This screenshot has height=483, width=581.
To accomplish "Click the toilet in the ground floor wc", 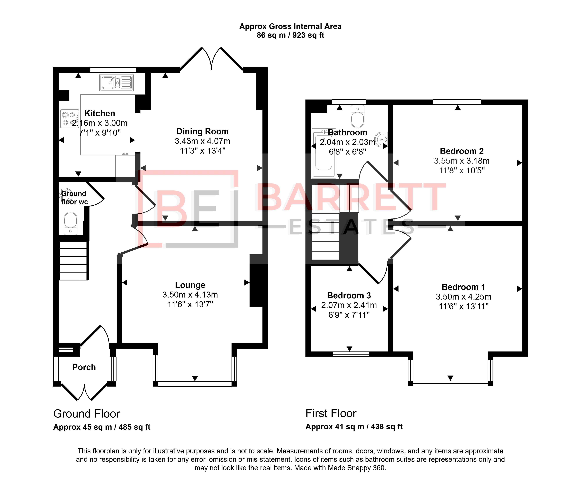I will click(x=71, y=223).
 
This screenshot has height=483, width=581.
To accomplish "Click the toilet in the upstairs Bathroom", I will click(x=357, y=116).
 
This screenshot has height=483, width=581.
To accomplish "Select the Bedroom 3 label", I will click(x=349, y=295).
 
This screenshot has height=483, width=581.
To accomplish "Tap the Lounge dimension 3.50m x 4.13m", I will click(x=190, y=295).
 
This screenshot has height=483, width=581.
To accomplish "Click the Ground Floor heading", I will click(x=87, y=414).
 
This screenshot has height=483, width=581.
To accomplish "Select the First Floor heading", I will click(x=331, y=413).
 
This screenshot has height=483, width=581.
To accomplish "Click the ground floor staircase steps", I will click(x=74, y=260).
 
